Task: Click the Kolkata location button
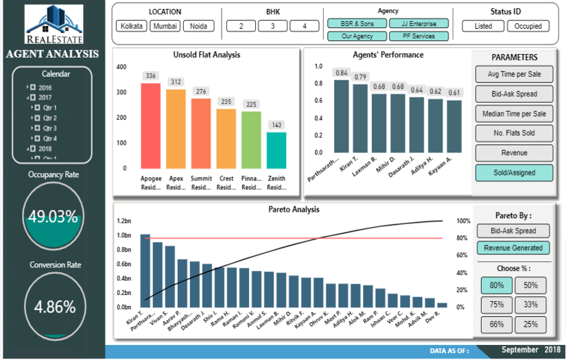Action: (x=132, y=26)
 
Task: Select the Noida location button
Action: (x=198, y=26)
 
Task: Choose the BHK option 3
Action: (x=272, y=26)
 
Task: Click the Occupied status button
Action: (x=528, y=26)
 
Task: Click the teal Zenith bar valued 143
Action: (x=276, y=150)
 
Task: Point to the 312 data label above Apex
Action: (x=176, y=82)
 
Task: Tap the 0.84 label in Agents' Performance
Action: (x=341, y=72)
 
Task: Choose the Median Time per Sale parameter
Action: (x=514, y=113)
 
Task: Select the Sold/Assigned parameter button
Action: (x=514, y=172)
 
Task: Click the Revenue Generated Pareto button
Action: (x=514, y=248)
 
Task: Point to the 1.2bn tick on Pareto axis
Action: (x=123, y=221)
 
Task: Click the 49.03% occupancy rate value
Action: (x=52, y=217)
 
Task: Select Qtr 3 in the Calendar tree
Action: (x=49, y=128)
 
